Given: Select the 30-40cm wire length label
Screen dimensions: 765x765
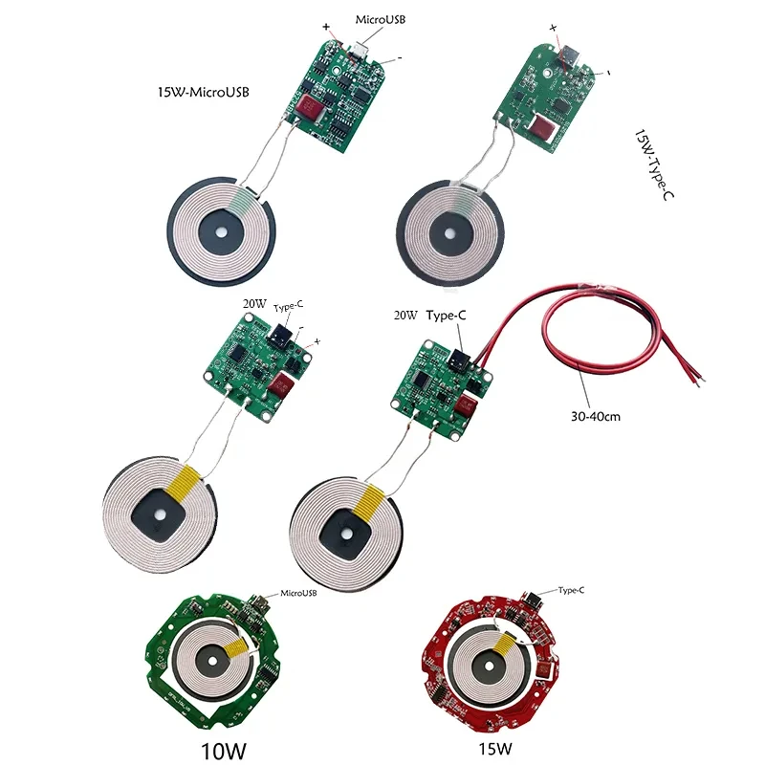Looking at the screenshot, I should pos(597,416).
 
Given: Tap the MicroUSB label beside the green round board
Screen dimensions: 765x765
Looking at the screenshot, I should pos(298,594).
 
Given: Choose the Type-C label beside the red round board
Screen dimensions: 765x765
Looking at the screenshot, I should pos(570,591).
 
